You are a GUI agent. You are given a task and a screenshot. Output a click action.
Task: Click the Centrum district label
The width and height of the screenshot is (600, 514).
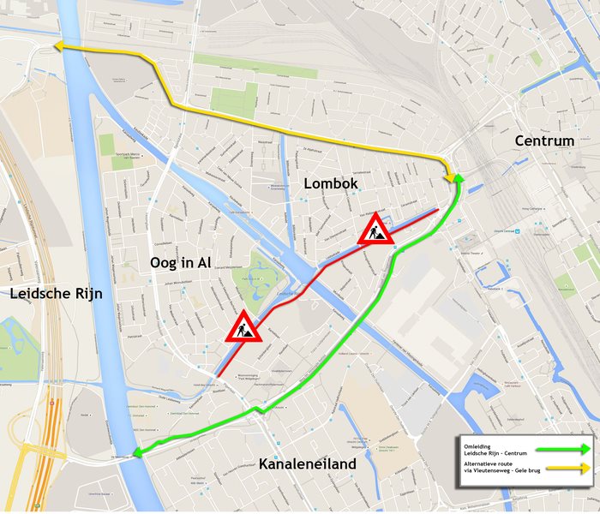tap(544, 140)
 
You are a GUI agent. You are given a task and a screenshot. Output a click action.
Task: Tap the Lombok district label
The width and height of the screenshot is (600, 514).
tap(330, 183)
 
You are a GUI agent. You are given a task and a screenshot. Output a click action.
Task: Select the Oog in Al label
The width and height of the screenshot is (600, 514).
tap(180, 262)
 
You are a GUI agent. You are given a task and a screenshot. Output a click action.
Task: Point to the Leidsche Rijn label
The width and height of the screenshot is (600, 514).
tap(57, 294)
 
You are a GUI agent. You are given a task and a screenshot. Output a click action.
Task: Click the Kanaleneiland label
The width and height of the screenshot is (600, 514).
tap(307, 463)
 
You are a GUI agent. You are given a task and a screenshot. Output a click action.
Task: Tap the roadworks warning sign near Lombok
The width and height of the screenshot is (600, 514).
tap(375, 230)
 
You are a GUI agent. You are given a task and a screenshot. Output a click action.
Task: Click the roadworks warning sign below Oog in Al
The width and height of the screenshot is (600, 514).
tap(243, 327)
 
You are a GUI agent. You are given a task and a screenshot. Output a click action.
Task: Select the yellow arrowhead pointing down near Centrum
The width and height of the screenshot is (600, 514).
tap(449, 176)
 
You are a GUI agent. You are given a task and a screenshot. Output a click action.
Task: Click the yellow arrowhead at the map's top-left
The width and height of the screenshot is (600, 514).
tap(58, 48)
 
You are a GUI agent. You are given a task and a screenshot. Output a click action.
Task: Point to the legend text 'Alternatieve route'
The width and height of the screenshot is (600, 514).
tap(488, 463)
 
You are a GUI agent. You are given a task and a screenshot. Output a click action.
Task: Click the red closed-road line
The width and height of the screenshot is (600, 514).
tap(326, 266)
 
